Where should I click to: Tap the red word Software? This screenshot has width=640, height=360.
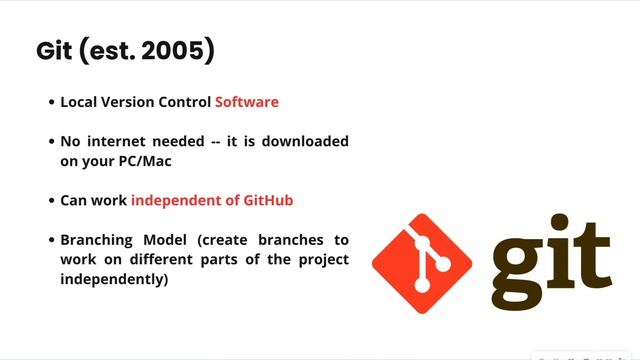pyautogui.click(x=247, y=102)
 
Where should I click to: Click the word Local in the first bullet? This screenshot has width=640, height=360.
pyautogui.click(x=80, y=102)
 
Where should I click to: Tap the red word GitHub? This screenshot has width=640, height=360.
pyautogui.click(x=268, y=200)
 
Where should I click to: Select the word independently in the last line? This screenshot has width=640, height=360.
pyautogui.click(x=114, y=279)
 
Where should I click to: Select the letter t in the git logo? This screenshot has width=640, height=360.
pyautogui.click(x=595, y=252)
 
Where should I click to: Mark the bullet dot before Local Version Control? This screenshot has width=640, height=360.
pyautogui.click(x=51, y=103)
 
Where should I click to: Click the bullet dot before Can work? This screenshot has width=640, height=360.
pyautogui.click(x=51, y=201)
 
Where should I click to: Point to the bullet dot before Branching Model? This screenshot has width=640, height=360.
pyautogui.click(x=51, y=241)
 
